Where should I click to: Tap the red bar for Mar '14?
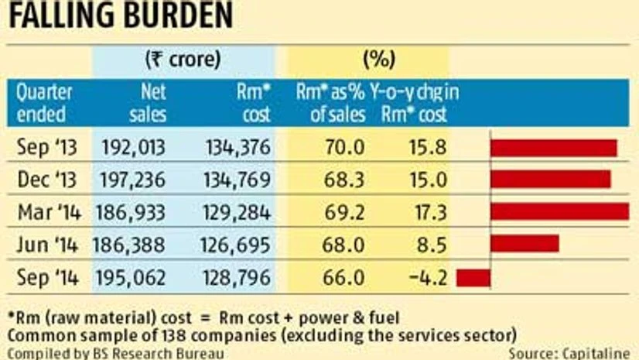(x=559, y=211)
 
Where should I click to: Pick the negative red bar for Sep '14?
(x=473, y=276)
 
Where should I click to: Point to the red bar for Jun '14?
(x=524, y=243)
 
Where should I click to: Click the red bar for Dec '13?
(x=549, y=180)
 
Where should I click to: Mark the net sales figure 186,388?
(x=128, y=244)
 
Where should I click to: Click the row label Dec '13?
(x=46, y=180)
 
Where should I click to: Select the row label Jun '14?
(x=46, y=244)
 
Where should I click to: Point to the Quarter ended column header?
(x=44, y=104)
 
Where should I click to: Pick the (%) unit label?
(x=379, y=58)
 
